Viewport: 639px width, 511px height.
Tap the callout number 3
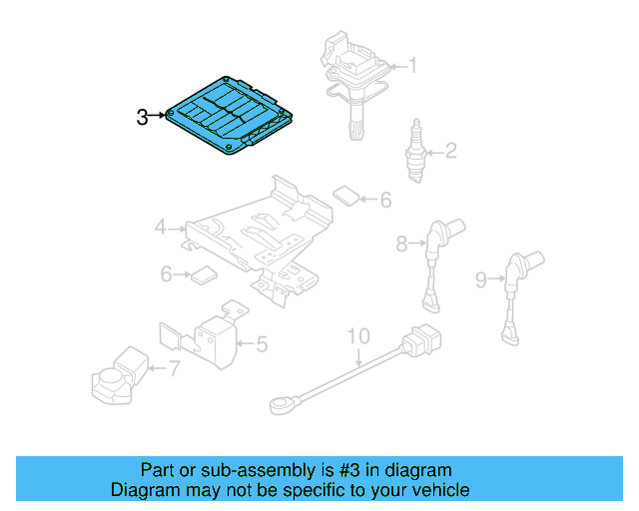(x=142, y=117)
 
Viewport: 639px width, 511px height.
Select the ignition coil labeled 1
(x=355, y=80)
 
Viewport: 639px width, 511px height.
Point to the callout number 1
(x=412, y=67)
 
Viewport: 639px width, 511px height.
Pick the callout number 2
(x=450, y=152)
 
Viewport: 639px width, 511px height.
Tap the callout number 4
(x=161, y=229)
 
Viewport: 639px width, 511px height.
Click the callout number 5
(x=261, y=345)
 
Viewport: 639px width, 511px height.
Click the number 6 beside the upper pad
(x=385, y=200)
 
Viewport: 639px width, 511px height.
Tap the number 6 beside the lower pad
(x=167, y=272)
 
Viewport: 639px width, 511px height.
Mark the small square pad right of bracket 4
(x=345, y=194)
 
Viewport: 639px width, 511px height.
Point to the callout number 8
(x=402, y=242)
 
